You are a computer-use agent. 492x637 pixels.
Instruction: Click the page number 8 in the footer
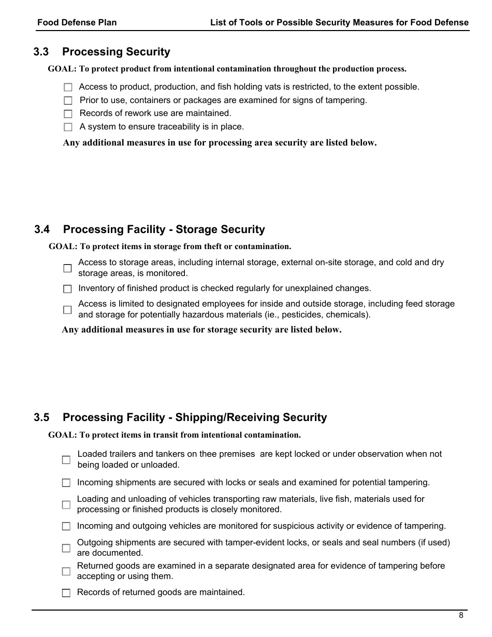(x=461, y=615)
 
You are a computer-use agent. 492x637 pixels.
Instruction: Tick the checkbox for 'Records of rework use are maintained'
(x=68, y=113)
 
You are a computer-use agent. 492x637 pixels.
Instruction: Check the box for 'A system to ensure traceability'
(x=68, y=127)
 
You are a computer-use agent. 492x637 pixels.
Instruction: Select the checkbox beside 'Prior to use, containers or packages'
(x=68, y=100)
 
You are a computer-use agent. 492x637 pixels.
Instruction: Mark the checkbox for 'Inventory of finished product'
(x=67, y=289)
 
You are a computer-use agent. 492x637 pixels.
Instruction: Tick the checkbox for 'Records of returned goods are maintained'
(x=66, y=593)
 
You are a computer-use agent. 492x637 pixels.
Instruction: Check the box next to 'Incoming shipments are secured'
(x=66, y=483)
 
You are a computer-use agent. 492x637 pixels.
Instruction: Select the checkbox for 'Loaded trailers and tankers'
(x=66, y=459)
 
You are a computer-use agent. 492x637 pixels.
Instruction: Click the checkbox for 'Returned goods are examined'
(x=66, y=571)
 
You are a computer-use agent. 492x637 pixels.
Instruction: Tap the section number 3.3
(x=41, y=52)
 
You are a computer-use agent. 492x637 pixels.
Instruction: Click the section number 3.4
(x=42, y=229)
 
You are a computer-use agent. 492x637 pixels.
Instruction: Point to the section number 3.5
(x=41, y=417)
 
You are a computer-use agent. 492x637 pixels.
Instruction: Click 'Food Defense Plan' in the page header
(x=77, y=22)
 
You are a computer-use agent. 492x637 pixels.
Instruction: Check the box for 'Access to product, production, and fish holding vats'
(x=68, y=88)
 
